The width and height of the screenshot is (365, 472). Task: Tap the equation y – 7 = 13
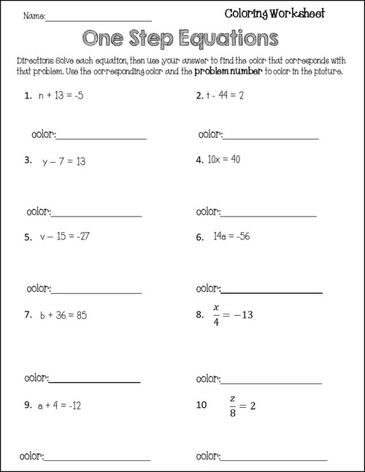click(64, 160)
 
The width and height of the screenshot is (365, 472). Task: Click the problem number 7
click(27, 315)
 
